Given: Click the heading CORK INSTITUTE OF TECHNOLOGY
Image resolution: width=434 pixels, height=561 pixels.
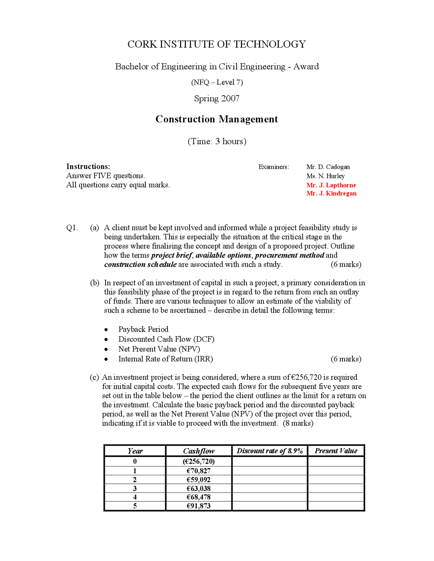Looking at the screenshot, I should pos(217,44).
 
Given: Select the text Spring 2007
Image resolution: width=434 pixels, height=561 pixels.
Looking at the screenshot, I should pos(217,99).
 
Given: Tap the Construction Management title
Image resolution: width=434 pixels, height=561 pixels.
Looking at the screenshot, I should pos(217,119).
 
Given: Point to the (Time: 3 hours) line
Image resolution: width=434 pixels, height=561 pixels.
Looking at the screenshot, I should pos(217,141).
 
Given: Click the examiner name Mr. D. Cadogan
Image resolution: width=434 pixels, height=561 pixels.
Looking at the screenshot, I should pos(328,167).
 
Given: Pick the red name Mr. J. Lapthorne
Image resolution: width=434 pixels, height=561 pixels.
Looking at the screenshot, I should pos(331,185).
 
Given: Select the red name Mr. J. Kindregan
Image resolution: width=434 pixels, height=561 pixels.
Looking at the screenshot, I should pos(331,193).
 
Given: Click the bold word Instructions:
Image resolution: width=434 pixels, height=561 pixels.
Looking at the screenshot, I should pos(88,166).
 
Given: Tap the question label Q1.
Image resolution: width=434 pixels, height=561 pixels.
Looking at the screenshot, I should pos(72,228).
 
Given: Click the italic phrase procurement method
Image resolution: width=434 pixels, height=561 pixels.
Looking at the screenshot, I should pos(289,255).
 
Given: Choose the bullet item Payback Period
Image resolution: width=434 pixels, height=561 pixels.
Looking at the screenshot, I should pos(143,329).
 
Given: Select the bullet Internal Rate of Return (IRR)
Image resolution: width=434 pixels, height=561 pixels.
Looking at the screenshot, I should pos(165,359).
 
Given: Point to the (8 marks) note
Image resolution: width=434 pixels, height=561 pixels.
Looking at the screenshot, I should pos(298,423).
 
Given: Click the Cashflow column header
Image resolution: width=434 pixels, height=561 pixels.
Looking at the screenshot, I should pos(199,451).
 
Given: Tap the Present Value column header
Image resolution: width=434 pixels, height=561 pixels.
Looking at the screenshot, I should pos(336,451).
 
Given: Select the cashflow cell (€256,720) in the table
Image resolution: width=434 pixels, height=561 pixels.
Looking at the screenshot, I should pos(199,461).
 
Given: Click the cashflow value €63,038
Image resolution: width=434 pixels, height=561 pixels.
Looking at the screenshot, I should pos(199,488).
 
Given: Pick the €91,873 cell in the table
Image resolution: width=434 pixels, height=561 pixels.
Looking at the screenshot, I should pos(199,506).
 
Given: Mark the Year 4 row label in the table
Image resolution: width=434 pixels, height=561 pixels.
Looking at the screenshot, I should pos(135,497).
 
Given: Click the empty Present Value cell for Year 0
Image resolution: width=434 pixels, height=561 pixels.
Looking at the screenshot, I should pos(336,461).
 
